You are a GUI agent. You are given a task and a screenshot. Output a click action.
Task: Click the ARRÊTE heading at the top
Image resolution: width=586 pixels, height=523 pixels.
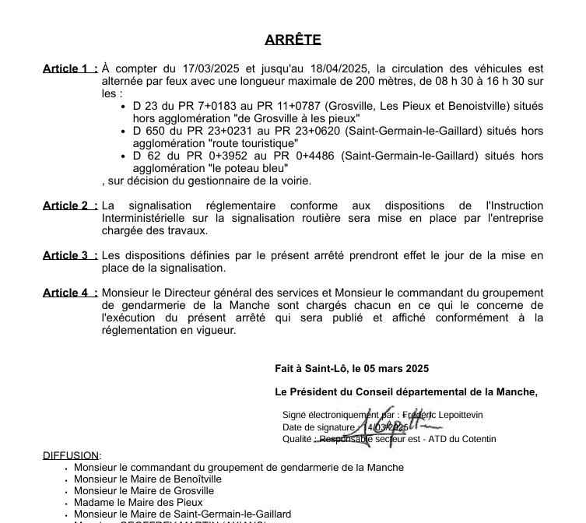pyautogui.click(x=293, y=40)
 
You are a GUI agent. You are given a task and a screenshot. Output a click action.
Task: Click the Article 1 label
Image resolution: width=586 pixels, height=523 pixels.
pyautogui.click(x=70, y=69)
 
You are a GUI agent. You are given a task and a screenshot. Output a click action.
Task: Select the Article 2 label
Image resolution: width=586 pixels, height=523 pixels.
pyautogui.click(x=70, y=205)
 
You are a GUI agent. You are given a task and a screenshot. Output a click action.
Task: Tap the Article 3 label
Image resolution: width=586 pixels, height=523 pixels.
pyautogui.click(x=70, y=255)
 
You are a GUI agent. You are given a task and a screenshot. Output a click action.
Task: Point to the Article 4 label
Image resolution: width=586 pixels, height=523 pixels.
pyautogui.click(x=70, y=293)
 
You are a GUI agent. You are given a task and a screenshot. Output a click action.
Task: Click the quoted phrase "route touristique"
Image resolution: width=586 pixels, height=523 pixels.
pyautogui.click(x=253, y=143)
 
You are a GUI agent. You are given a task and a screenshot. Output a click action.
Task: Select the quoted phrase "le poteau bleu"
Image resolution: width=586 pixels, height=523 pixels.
pyautogui.click(x=248, y=168)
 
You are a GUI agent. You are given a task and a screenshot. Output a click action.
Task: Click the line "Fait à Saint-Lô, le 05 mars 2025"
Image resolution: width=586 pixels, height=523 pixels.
pyautogui.click(x=352, y=368)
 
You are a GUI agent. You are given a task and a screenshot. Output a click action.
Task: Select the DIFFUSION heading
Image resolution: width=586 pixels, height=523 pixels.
pyautogui.click(x=71, y=455)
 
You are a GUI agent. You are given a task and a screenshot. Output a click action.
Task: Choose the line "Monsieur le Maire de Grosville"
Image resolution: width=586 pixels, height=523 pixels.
pyautogui.click(x=144, y=491)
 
